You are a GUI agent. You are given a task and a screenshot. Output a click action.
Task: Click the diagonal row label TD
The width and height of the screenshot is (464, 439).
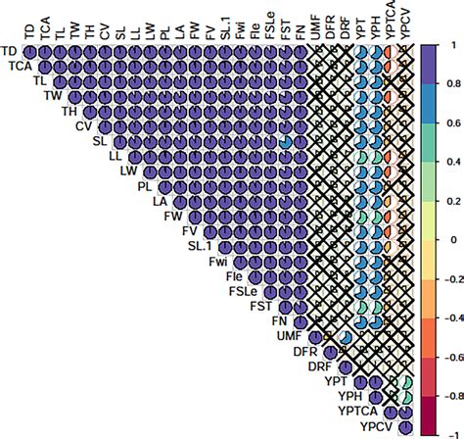(x=10, y=50)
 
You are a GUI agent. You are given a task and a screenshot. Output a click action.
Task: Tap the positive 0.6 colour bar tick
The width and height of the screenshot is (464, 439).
(x=445, y=124)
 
